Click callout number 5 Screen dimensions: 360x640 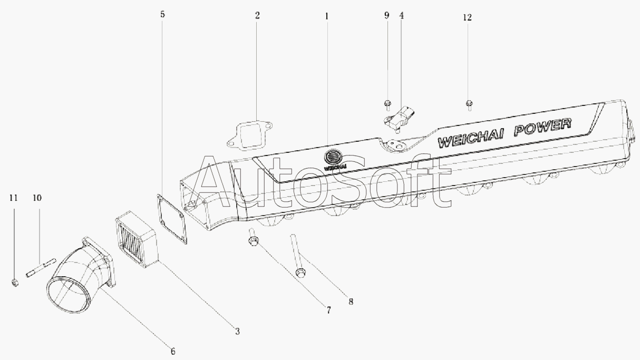pyautogui.click(x=162, y=14)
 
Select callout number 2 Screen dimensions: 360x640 pyautogui.click(x=257, y=15)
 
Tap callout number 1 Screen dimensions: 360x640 pyautogui.click(x=326, y=16)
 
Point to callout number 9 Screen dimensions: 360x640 pyautogui.click(x=386, y=15)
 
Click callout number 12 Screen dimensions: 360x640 pyautogui.click(x=468, y=17)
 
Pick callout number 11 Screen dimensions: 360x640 pyautogui.click(x=14, y=198)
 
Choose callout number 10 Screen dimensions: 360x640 pyautogui.click(x=37, y=198)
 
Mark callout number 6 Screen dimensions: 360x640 pyautogui.click(x=172, y=351)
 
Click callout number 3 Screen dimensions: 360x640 pyautogui.click(x=237, y=332)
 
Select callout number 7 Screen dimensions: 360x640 pyautogui.click(x=328, y=310)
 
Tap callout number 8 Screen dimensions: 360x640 pyautogui.click(x=351, y=302)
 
